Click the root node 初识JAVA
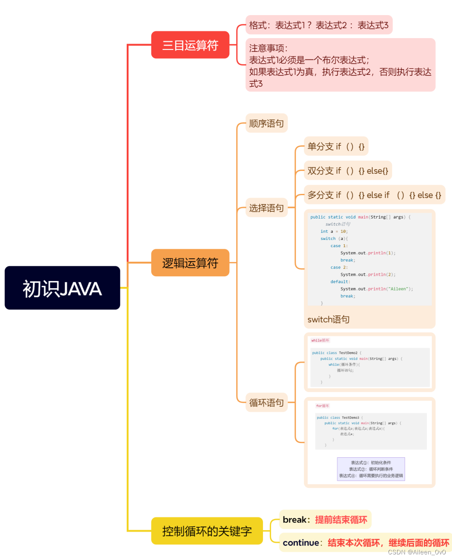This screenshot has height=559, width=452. pyautogui.click(x=62, y=288)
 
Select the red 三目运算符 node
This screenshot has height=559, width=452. pyautogui.click(x=190, y=45)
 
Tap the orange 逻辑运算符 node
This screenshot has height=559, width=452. pyautogui.click(x=190, y=263)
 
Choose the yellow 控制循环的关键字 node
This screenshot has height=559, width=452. pyautogui.click(x=207, y=531)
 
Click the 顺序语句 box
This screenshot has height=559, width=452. pyautogui.click(x=266, y=123)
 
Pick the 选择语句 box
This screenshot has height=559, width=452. pyautogui.click(x=266, y=208)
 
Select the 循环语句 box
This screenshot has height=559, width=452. pyautogui.click(x=266, y=402)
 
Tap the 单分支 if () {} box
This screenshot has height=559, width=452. pyautogui.click(x=336, y=146)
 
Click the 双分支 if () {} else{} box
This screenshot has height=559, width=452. pyautogui.click(x=347, y=170)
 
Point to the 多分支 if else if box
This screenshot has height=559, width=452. pyautogui.click(x=374, y=195)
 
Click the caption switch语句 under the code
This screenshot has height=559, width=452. pyautogui.click(x=328, y=319)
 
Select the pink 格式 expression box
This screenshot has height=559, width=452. pyautogui.click(x=319, y=25)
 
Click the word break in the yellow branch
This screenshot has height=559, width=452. pyautogui.click(x=295, y=520)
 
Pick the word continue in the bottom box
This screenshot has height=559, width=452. pyautogui.click(x=301, y=543)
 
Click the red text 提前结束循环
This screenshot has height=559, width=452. pyautogui.click(x=341, y=520)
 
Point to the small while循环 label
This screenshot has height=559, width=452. pyautogui.click(x=320, y=340)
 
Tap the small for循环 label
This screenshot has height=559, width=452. pyautogui.click(x=322, y=406)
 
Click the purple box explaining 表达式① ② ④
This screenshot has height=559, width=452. pyautogui.click(x=371, y=469)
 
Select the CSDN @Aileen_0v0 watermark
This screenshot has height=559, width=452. pyautogui.click(x=416, y=552)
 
